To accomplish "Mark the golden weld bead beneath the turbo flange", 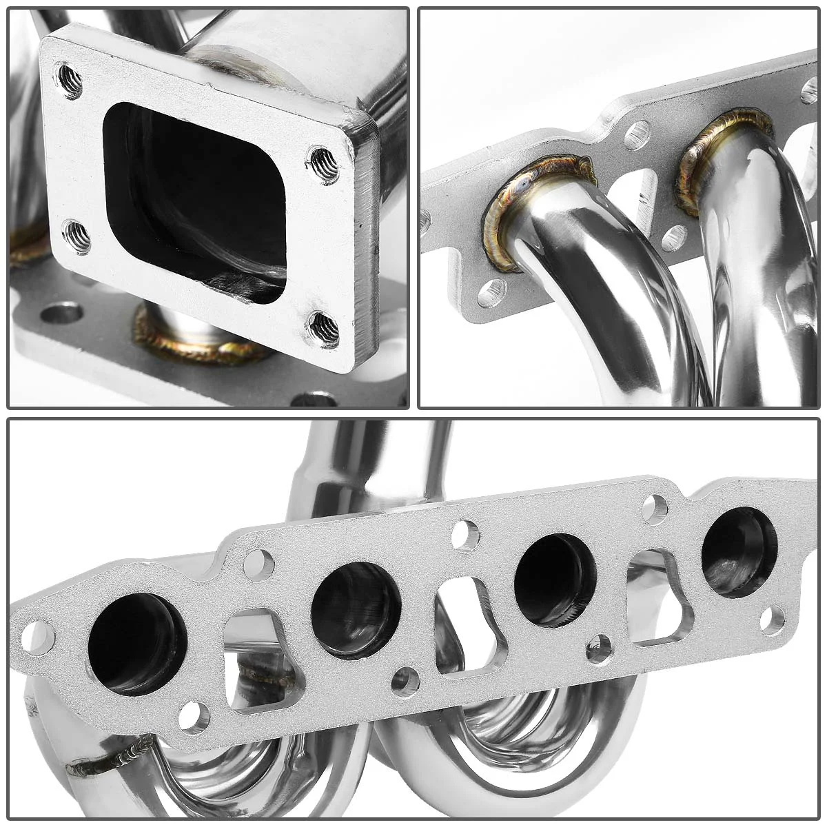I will tap(200, 338).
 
